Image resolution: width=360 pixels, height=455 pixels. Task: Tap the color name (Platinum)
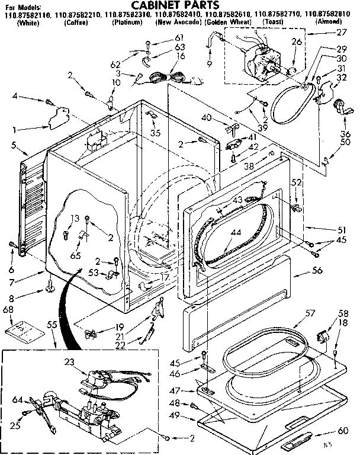(127, 22)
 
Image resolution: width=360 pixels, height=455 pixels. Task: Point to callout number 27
(340, 33)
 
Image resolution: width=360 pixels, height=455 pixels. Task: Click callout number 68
(8, 309)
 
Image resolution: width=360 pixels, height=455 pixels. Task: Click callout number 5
(13, 145)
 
